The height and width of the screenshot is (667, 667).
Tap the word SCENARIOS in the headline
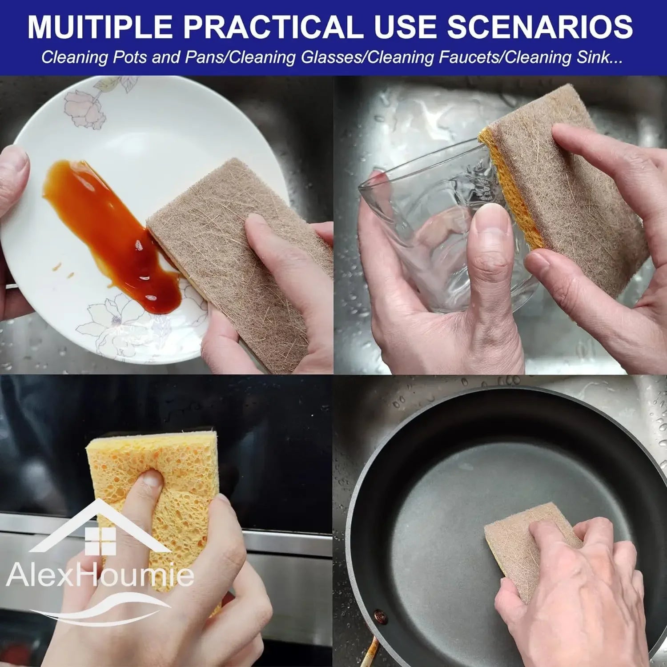pos(539,27)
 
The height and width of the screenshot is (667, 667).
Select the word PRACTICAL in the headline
pos(272,27)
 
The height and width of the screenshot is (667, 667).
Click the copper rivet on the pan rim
pos(380,617)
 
